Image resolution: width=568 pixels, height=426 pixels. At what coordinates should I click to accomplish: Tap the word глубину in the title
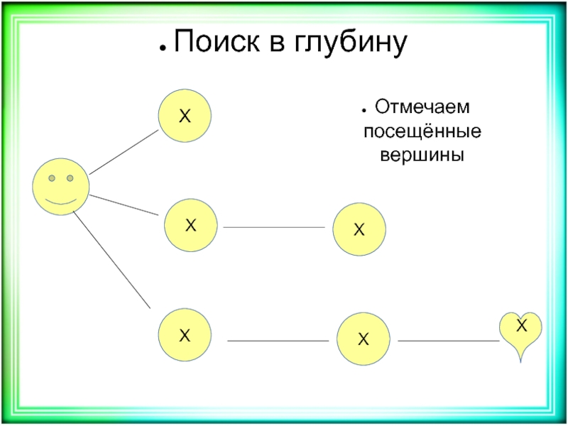(350, 43)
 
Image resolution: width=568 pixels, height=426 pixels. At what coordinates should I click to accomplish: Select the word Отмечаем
(422, 107)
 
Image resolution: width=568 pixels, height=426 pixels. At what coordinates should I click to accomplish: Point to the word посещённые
(422, 131)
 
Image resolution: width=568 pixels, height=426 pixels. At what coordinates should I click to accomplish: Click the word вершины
(422, 155)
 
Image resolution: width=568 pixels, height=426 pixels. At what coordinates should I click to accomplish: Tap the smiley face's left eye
(52, 178)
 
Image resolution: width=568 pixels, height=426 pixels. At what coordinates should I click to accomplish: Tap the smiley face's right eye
(70, 178)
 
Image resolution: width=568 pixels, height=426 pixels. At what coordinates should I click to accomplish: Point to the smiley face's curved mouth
(61, 202)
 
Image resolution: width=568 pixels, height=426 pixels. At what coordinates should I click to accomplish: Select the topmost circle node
(185, 116)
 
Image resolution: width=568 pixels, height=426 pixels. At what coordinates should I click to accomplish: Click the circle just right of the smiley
(191, 225)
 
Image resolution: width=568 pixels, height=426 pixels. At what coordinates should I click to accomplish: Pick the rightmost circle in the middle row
(359, 229)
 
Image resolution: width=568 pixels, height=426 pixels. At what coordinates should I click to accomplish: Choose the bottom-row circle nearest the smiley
(185, 334)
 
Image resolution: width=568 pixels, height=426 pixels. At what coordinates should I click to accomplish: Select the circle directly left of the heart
(364, 339)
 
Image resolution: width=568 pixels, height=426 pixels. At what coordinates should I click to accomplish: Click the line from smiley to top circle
(124, 152)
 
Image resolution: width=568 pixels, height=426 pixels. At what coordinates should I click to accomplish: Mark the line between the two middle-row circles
(274, 227)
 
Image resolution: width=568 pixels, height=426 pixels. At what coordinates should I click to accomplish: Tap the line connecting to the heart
(449, 341)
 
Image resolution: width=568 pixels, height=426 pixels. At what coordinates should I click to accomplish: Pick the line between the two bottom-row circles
(278, 341)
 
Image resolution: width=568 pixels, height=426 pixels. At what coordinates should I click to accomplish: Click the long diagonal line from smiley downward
(112, 260)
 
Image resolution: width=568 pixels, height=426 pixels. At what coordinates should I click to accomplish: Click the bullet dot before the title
(163, 48)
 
